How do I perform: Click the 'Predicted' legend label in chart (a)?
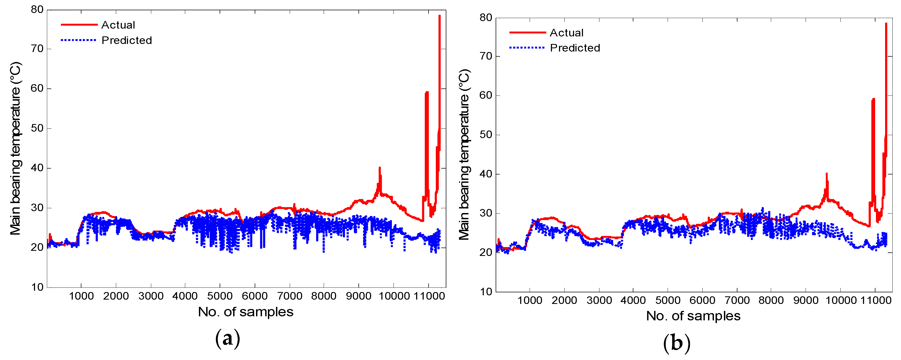[x=127, y=40]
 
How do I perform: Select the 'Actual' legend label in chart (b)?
[x=566, y=33]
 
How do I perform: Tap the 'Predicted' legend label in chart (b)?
[x=575, y=48]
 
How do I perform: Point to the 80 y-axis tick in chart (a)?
[x=37, y=9]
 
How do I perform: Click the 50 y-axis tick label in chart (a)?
[x=37, y=128]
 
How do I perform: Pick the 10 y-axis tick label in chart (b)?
[x=486, y=292]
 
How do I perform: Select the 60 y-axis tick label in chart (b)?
[x=486, y=95]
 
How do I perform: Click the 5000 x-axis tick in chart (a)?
[x=220, y=296]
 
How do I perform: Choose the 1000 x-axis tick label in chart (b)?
[x=530, y=300]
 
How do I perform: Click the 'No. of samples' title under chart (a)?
[x=246, y=312]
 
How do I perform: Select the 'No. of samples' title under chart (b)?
[x=693, y=316]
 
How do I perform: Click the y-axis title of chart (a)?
[x=16, y=148]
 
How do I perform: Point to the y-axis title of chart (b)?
[x=464, y=155]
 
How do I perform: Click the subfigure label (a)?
[x=228, y=339]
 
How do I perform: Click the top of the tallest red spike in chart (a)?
[x=439, y=16]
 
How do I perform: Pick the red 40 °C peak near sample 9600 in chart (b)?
[x=827, y=174]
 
